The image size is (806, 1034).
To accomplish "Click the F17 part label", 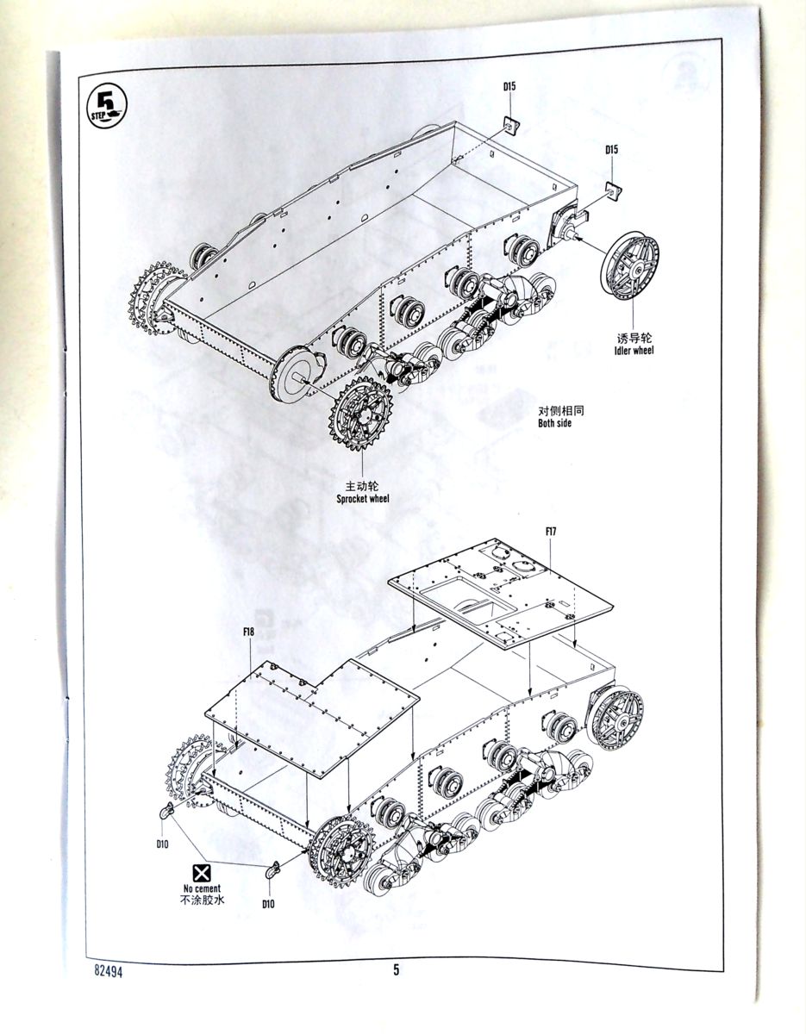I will click(551, 532).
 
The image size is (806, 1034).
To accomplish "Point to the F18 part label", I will click(248, 632).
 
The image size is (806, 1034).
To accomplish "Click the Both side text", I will click(554, 423).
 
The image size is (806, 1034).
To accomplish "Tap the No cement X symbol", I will click(202, 872).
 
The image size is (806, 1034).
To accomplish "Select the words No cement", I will click(202, 888).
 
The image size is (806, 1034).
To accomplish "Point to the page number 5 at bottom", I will click(397, 970).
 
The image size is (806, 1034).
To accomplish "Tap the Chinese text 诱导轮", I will click(634, 337).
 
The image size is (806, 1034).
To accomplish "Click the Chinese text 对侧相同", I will click(556, 410).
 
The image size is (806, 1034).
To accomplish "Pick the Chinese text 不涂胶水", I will click(202, 901).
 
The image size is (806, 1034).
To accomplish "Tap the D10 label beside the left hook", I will click(162, 844).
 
